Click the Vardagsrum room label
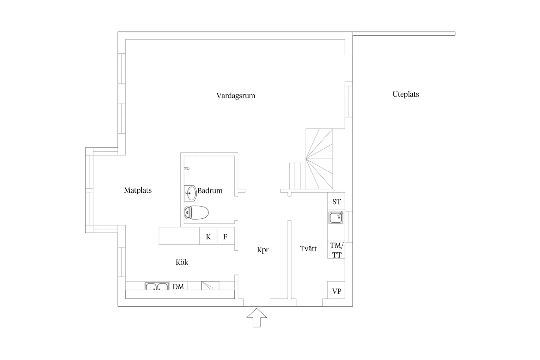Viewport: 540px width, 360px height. coord(236,96)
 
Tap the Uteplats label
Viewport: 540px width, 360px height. coord(405,94)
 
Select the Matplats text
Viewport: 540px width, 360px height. coord(138,190)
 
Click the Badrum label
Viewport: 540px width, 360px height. coord(210,190)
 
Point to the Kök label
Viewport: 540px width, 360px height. coord(182,262)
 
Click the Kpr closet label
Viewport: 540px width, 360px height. coord(263,250)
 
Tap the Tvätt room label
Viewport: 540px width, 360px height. coord(308,249)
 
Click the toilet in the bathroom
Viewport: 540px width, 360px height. coord(196,213)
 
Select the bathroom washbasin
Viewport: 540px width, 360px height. coord(190,193)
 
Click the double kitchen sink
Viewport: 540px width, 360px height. coord(157,287)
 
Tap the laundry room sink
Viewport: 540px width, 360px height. coord(336,218)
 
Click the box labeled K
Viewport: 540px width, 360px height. coord(208,237)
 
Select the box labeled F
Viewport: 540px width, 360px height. coord(225,237)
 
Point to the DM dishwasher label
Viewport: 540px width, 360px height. coord(178,287)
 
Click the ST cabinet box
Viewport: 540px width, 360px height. coord(336,202)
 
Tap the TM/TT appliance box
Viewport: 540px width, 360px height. coord(336,250)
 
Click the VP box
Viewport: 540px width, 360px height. coord(336,291)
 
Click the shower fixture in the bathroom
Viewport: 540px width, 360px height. coord(187,168)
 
